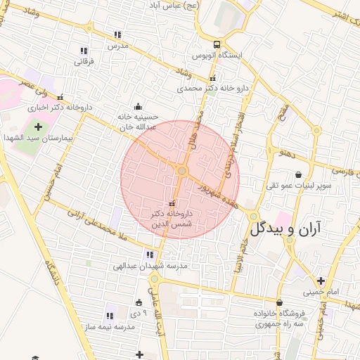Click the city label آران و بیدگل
click(285, 229)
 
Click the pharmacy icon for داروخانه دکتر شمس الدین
click(172, 203)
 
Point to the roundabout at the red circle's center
click(182, 171)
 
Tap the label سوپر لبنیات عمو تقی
click(299, 186)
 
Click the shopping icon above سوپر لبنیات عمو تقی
click(300, 175)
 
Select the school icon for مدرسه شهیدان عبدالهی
click(148, 255)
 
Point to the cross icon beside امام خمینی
click(321, 281)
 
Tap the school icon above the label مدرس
click(117, 34)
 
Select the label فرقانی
click(84, 61)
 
